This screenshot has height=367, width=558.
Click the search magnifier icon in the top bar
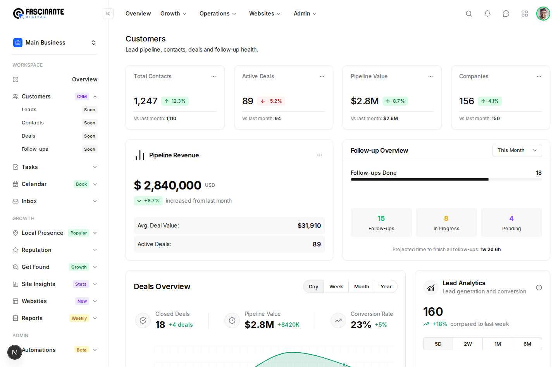[x=469, y=14]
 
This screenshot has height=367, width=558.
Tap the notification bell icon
[x=487, y=14]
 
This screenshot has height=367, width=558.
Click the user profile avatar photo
[x=543, y=14]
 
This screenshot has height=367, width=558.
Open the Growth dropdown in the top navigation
[x=173, y=14]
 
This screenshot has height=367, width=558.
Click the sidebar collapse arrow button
[x=108, y=14]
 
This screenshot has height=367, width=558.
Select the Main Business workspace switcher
[x=54, y=43]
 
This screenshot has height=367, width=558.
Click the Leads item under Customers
[x=29, y=110]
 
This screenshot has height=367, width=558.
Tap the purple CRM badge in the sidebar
[x=82, y=96]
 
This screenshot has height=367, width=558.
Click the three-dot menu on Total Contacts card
[x=214, y=76]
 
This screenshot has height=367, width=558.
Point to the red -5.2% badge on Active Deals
[x=271, y=101]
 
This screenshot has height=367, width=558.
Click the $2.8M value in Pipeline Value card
[x=364, y=101]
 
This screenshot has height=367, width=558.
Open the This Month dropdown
[x=517, y=150]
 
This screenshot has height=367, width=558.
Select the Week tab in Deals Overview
[x=336, y=286]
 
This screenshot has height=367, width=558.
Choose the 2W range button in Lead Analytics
[x=468, y=344]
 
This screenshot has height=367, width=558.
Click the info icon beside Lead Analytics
[x=539, y=288]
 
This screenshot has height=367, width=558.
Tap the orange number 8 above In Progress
[x=446, y=219]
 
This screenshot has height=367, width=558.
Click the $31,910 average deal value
[x=309, y=226]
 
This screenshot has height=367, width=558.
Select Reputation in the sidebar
[x=36, y=250]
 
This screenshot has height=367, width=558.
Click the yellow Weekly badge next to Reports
[x=79, y=318]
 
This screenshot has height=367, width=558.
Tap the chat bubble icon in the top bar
[x=506, y=14]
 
